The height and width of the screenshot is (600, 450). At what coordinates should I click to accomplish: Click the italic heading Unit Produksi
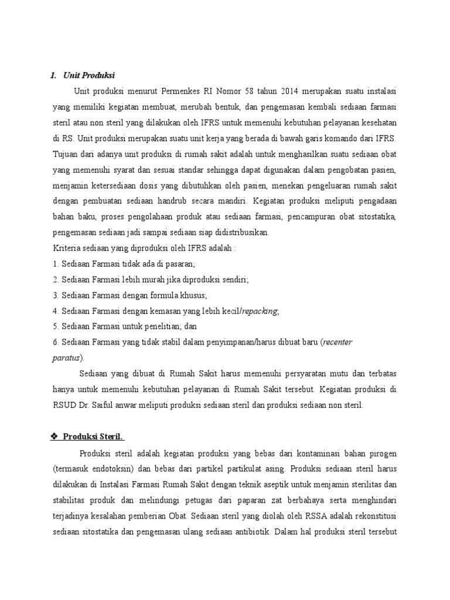coord(90,76)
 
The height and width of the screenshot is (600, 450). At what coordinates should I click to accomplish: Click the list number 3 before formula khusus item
coord(54,295)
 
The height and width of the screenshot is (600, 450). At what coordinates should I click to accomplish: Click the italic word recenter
coord(337,342)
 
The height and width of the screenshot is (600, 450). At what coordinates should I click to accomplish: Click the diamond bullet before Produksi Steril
coord(55,437)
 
